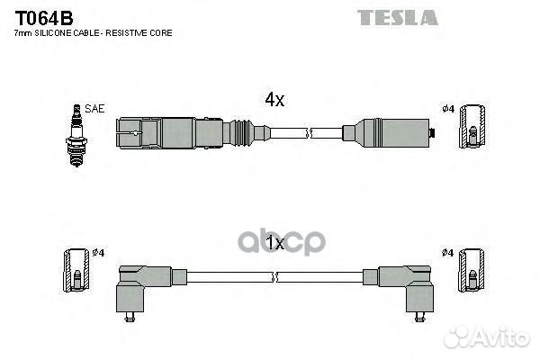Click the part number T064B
click(x=44, y=18)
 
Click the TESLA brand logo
click(x=398, y=18)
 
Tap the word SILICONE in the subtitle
click(x=53, y=33)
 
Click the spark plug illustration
click(x=76, y=135)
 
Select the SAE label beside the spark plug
click(x=94, y=109)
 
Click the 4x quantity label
click(x=274, y=100)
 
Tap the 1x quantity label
click(x=275, y=243)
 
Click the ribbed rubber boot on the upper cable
click(x=242, y=133)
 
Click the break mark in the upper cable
click(x=310, y=133)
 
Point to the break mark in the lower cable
click(x=274, y=277)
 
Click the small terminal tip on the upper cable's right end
click(x=432, y=132)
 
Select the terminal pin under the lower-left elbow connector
click(x=130, y=317)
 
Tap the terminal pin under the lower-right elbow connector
click(x=419, y=317)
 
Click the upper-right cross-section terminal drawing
click(x=472, y=127)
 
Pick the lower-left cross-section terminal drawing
click(x=76, y=270)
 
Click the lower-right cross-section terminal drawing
click(x=471, y=270)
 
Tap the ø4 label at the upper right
click(x=448, y=109)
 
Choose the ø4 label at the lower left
click(x=98, y=253)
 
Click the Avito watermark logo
click(x=487, y=337)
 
